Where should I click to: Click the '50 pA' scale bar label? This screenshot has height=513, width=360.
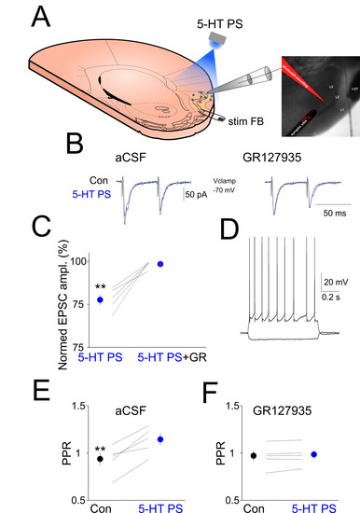point(197,194)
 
